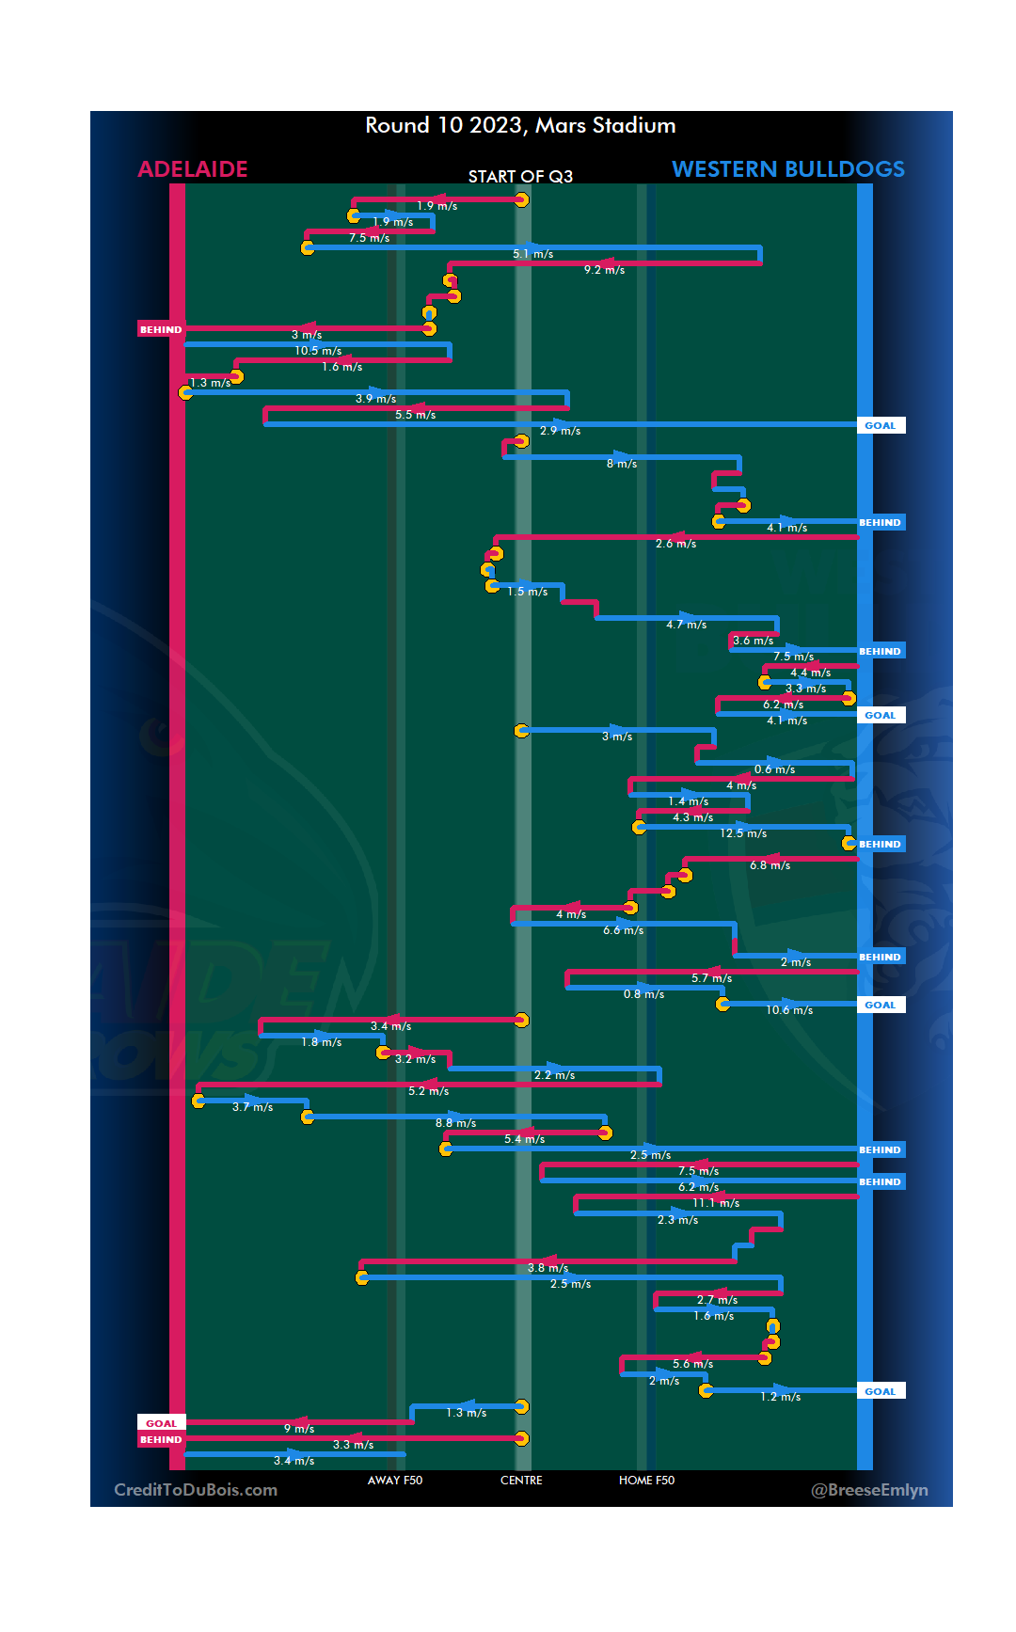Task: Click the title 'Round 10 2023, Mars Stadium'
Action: coord(520,126)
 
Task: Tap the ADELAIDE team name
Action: coord(193,169)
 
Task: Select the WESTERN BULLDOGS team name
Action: coord(787,169)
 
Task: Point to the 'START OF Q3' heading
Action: coord(520,177)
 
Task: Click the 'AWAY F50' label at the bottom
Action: coord(395,1481)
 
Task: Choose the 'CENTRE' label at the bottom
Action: coord(521,1481)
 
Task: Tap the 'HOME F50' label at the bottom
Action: coord(646,1481)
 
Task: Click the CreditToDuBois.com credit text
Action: coord(196,1490)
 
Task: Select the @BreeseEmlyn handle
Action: coord(869,1490)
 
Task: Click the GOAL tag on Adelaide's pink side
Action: coord(161,1423)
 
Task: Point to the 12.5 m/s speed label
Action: coord(743,833)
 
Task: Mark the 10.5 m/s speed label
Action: coord(318,351)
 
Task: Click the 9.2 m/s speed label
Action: coord(604,270)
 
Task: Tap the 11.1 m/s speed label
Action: coord(716,1203)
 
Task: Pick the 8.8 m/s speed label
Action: coord(455,1123)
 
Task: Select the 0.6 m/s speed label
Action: coord(774,769)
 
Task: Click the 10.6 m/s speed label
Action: coord(789,1010)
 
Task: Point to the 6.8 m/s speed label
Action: coord(770,865)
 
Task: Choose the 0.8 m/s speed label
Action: coord(643,994)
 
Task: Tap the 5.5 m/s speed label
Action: coord(415,415)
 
